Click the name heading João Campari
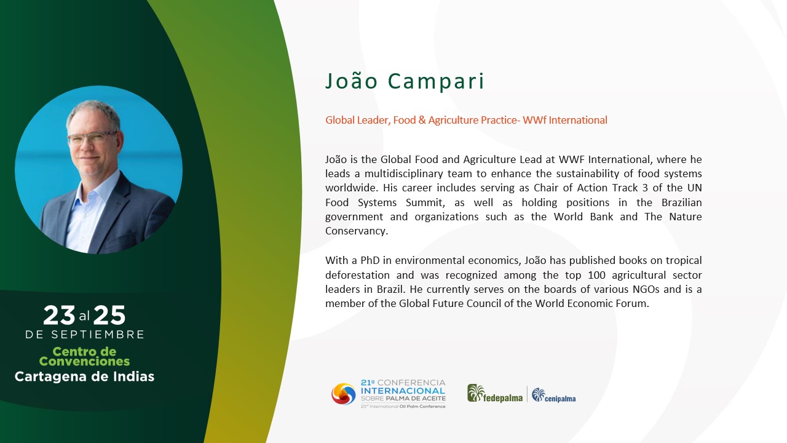pos(405,81)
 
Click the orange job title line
pos(466,120)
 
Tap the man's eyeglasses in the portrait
pos(93,137)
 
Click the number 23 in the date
pos(59,315)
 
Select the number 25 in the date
pos(109,315)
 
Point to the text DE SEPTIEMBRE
pos(85,334)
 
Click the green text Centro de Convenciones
pos(84,356)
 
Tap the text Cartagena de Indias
pos(84,377)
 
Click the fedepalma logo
pos(495,393)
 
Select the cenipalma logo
pos(554,395)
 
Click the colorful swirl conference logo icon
pos(344,394)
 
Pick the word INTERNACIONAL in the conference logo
pos(403,391)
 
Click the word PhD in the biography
pos(370,260)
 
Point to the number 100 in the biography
pos(596,275)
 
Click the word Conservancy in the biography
pos(356,231)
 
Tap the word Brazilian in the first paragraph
pos(682,202)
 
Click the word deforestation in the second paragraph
pos(357,275)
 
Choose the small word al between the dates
pos(84,316)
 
